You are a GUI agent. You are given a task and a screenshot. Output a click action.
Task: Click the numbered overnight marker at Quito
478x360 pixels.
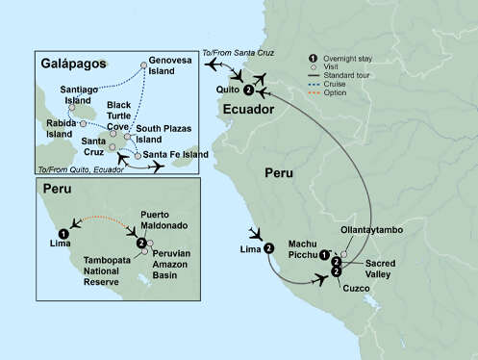point(249,90)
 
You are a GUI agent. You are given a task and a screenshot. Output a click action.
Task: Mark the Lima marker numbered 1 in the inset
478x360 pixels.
point(63,232)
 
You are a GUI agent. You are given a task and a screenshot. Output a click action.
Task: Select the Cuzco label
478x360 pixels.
point(357,289)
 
